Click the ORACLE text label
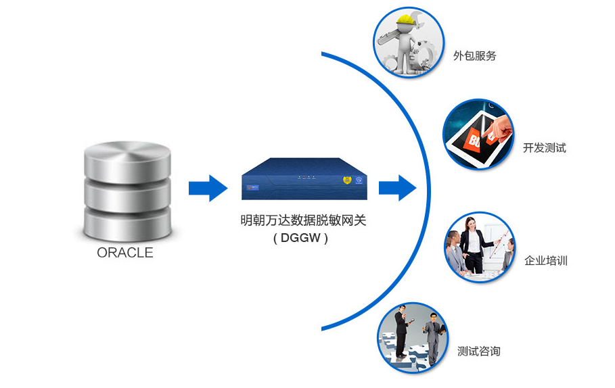point(125,253)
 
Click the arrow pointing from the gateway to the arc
point(397,187)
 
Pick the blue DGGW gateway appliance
point(304,178)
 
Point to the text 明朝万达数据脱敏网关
point(303,220)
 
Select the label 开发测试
point(544,148)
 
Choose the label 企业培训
point(545,260)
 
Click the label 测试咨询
point(478,351)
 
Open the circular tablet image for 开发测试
point(479,135)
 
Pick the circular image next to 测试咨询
point(413,337)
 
